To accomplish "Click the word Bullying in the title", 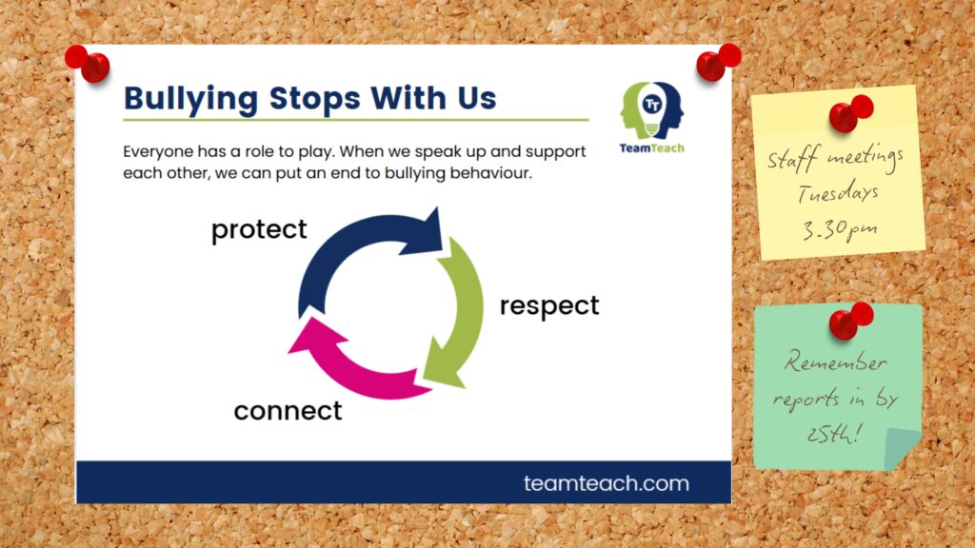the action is [x=190, y=99].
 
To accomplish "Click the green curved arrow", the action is [x=457, y=311].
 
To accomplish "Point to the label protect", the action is [x=259, y=230].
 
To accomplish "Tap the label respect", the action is [x=549, y=306].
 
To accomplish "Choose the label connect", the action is [x=288, y=411].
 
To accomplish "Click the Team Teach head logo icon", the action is [x=651, y=110].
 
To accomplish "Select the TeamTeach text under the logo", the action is [x=651, y=147].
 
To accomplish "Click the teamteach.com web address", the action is [x=607, y=483].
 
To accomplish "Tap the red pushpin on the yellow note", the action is [x=850, y=113].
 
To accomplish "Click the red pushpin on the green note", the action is [x=850, y=321].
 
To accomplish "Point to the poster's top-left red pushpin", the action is [x=88, y=64].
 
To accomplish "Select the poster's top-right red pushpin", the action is [x=718, y=62].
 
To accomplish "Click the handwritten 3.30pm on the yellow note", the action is [x=840, y=230].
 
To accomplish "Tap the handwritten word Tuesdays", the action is [x=838, y=193].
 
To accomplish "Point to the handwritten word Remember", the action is [x=835, y=362].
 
